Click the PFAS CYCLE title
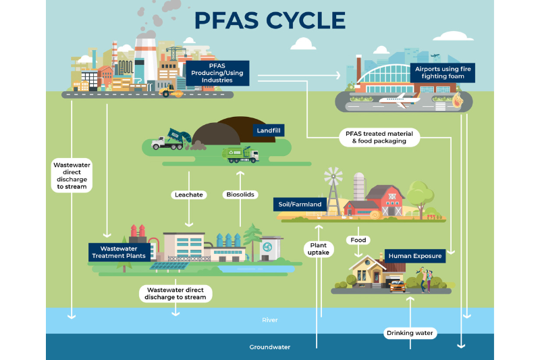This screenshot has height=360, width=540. pyautogui.click(x=270, y=20)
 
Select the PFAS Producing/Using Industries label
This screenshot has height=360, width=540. pyautogui.click(x=217, y=73)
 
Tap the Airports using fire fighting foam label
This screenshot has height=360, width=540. pyautogui.click(x=443, y=73)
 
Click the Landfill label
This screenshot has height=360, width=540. pyautogui.click(x=269, y=130)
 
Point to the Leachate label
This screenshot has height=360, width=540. pyautogui.click(x=189, y=195)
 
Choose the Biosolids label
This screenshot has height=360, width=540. pyautogui.click(x=240, y=195)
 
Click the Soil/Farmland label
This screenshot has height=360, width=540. pyautogui.click(x=300, y=204)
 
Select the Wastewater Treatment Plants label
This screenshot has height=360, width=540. pyautogui.click(x=119, y=252)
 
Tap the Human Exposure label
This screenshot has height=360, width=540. pyautogui.click(x=415, y=256)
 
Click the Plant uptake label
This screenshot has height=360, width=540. pyautogui.click(x=318, y=249)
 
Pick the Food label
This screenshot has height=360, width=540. pyautogui.click(x=358, y=240)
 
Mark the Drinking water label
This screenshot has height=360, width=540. pyautogui.click(x=410, y=333)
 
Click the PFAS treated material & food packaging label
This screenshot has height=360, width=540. pyautogui.click(x=379, y=137)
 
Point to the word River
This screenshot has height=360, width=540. pyautogui.click(x=269, y=320)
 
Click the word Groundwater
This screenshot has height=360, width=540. pyautogui.click(x=269, y=347)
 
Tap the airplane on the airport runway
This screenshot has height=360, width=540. pyautogui.click(x=400, y=100)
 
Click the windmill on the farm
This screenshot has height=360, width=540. pyautogui.click(x=333, y=191)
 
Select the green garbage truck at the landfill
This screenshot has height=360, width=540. pyautogui.click(x=240, y=155)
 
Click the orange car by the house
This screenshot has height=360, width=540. pyautogui.click(x=398, y=286)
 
